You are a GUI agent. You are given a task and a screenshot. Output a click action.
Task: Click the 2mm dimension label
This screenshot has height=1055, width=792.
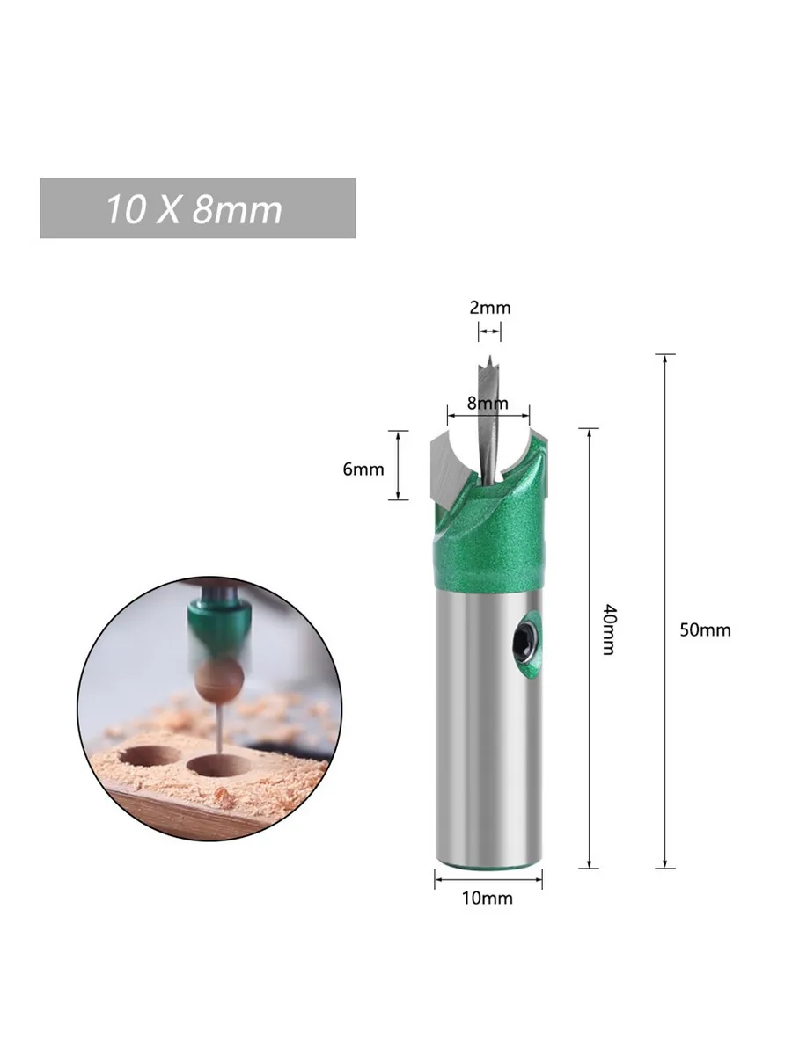pos(489,308)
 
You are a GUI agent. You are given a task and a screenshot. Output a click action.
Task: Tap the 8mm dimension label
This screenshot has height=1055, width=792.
pos(488,403)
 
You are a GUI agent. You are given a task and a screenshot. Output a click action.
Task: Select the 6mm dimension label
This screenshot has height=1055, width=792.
pos(363,469)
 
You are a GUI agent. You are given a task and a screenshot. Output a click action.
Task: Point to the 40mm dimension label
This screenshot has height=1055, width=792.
pos(609,629)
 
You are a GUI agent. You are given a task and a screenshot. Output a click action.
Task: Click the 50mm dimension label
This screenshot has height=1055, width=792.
pos(705,629)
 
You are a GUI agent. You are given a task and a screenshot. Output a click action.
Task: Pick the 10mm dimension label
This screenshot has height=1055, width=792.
pos(488,898)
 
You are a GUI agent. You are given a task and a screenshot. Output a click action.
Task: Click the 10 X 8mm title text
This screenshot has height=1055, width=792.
pos(194,209)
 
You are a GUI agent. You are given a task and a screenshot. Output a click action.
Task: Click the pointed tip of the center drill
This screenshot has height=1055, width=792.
pos(489,356)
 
